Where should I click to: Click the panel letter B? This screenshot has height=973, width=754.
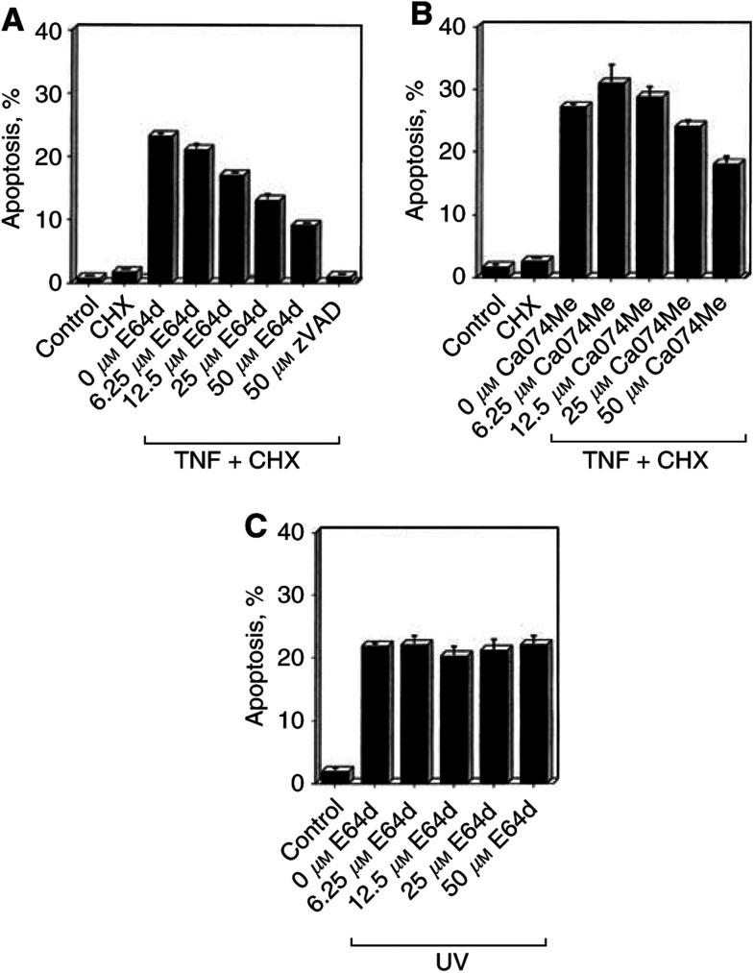[421, 12]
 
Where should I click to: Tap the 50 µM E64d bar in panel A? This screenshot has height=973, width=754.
[304, 253]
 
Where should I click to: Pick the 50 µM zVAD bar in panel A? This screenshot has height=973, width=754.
[339, 278]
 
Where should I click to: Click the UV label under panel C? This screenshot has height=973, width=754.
[448, 960]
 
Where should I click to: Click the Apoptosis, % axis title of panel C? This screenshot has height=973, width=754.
[252, 656]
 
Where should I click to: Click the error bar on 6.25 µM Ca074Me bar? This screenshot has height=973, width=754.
[609, 71]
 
